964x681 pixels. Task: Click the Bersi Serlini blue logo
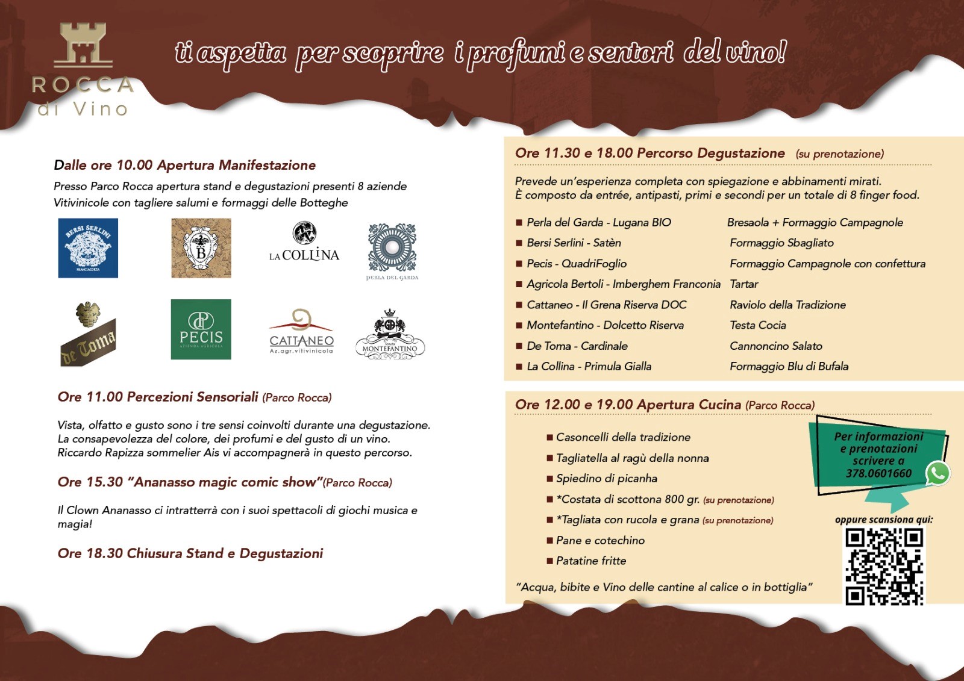tap(88, 248)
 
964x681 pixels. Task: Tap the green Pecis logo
tap(201, 329)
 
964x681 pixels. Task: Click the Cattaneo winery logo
tap(301, 331)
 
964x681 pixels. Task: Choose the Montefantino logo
tap(390, 335)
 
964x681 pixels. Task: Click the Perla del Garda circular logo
tap(392, 248)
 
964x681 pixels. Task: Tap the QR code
tap(884, 566)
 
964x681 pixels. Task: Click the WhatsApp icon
tap(937, 473)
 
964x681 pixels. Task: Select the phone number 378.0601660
tap(878, 473)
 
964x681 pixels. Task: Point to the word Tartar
tap(744, 284)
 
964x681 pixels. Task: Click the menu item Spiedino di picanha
tap(606, 479)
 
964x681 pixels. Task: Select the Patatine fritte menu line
tap(590, 561)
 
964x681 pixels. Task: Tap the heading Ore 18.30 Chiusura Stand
tap(190, 553)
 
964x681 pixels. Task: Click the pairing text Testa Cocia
tap(758, 325)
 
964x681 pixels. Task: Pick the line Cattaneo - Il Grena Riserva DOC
tap(606, 305)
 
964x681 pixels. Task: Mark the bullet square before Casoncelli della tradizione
tap(549, 438)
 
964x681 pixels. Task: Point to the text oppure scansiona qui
tap(883, 520)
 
